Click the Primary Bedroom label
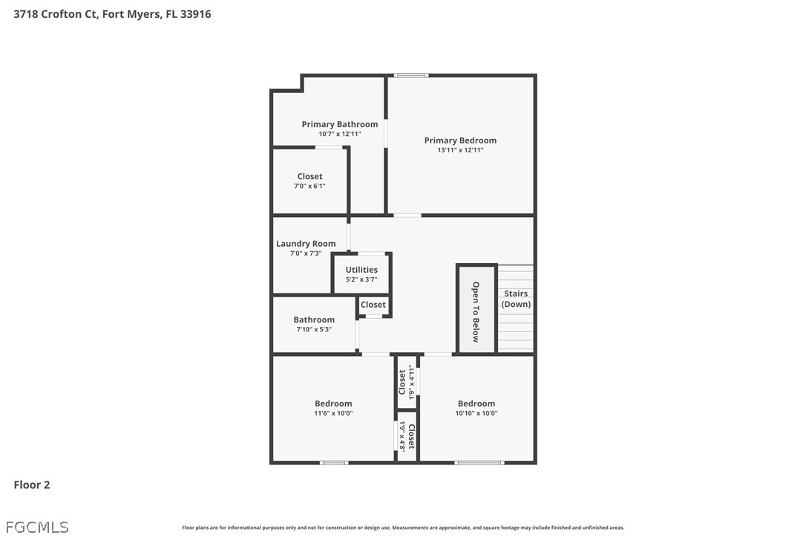[x=460, y=140]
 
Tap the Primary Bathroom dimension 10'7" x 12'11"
[x=340, y=134]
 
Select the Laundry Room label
[x=306, y=244]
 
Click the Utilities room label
[x=361, y=269]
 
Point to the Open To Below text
[x=476, y=311]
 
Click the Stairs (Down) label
[x=516, y=299]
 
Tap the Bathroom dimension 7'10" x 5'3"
[x=314, y=329]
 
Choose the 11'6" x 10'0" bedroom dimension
[x=333, y=413]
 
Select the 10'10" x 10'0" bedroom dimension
[x=476, y=413]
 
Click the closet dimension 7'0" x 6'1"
[x=310, y=186]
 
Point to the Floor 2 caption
[x=32, y=484]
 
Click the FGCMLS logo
[x=37, y=527]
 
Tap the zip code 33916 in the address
[x=196, y=14]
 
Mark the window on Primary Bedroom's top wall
[x=411, y=76]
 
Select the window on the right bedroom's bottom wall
[x=479, y=463]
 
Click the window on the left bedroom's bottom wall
[x=334, y=463]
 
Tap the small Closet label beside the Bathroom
[x=373, y=305]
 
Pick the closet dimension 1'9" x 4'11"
[x=411, y=383]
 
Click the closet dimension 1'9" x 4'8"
[x=403, y=436]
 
